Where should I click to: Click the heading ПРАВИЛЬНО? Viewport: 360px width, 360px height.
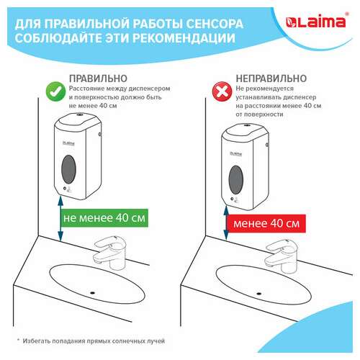[x=99, y=78]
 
